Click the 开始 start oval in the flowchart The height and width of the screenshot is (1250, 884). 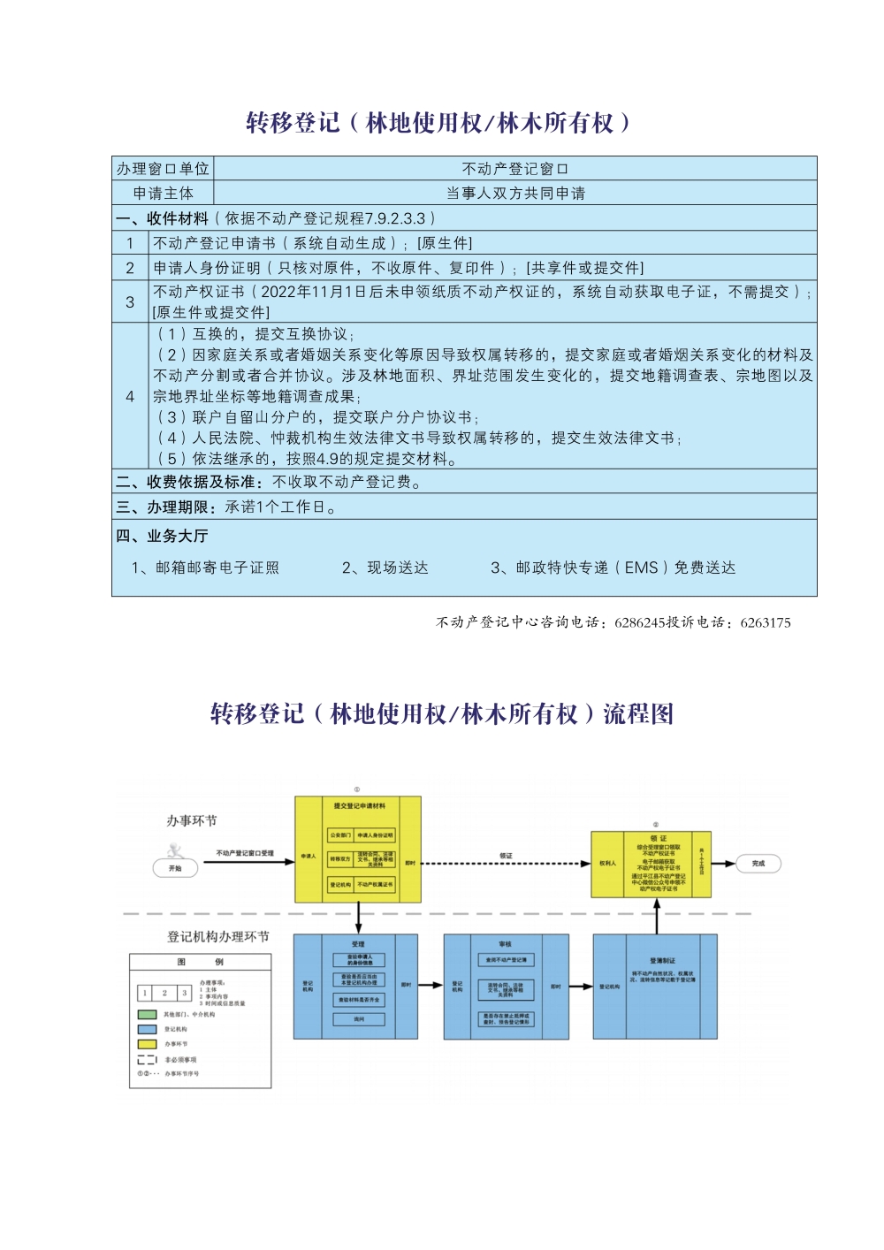click(175, 868)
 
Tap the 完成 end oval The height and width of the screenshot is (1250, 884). click(758, 863)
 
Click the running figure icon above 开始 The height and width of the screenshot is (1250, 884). click(175, 850)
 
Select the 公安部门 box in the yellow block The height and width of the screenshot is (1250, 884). click(340, 835)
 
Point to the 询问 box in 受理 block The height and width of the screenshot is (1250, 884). click(358, 1019)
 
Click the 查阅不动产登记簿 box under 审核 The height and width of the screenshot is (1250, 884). click(506, 959)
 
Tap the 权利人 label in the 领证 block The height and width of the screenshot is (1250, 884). click(608, 863)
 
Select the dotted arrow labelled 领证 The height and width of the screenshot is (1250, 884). click(506, 863)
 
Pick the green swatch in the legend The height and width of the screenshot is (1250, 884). click(147, 1014)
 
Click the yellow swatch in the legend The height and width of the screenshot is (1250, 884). click(147, 1044)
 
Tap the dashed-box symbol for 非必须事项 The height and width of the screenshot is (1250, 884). click(147, 1059)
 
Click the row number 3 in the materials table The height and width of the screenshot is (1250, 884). click(130, 301)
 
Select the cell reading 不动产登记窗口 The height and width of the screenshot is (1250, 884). click(515, 169)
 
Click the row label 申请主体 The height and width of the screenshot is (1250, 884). click(164, 193)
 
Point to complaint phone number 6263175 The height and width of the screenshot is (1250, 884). click(766, 622)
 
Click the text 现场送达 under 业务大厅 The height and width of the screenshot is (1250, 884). click(385, 568)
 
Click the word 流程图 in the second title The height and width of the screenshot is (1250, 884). click(638, 713)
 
